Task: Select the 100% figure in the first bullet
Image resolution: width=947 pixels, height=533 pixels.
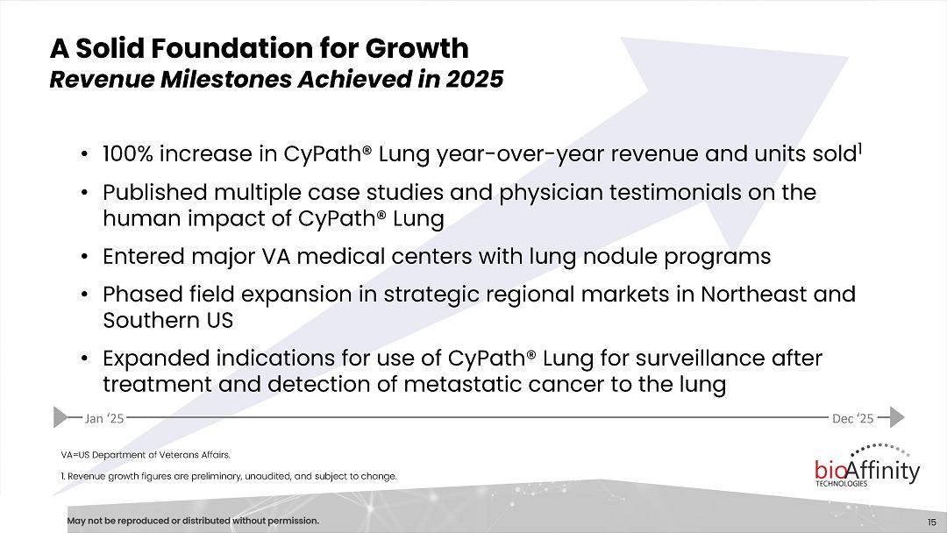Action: click(x=128, y=154)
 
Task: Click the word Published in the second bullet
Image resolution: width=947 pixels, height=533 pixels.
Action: click(x=154, y=193)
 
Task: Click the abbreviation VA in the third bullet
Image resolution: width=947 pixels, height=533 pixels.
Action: click(x=275, y=257)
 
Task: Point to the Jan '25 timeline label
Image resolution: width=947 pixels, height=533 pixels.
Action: click(x=103, y=418)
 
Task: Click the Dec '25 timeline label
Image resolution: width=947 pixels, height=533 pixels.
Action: click(x=853, y=418)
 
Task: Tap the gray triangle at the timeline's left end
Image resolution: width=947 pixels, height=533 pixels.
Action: click(x=61, y=417)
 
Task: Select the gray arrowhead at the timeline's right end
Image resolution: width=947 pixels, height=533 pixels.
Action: click(x=898, y=417)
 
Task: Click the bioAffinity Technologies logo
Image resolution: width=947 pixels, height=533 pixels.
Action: click(x=867, y=465)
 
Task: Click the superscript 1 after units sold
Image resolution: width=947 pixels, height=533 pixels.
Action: click(x=859, y=148)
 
